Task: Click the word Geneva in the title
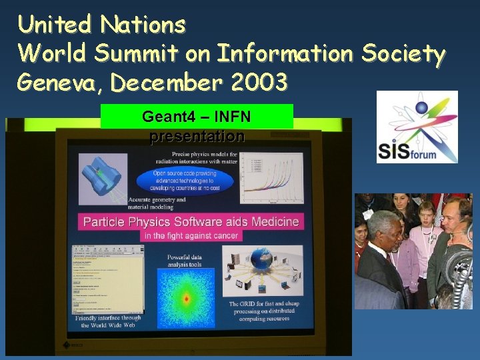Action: point(59,83)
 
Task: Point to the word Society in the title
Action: point(403,53)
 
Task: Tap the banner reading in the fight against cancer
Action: point(191,235)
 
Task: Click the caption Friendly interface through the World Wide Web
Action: point(109,322)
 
